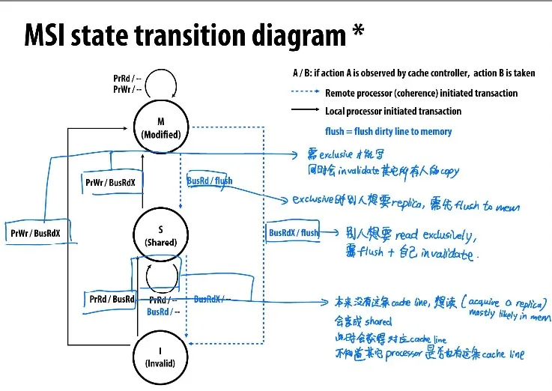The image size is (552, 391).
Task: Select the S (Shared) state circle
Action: pos(160,235)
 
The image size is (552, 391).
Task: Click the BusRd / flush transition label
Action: pos(210,181)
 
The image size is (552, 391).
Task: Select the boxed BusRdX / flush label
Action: pos(294,232)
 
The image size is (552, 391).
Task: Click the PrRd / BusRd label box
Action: pos(112,299)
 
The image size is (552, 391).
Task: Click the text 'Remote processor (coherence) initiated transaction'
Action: pos(421,94)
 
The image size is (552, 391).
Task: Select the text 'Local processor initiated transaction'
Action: pos(393,111)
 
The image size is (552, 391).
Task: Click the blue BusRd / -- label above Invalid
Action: pos(163,312)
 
